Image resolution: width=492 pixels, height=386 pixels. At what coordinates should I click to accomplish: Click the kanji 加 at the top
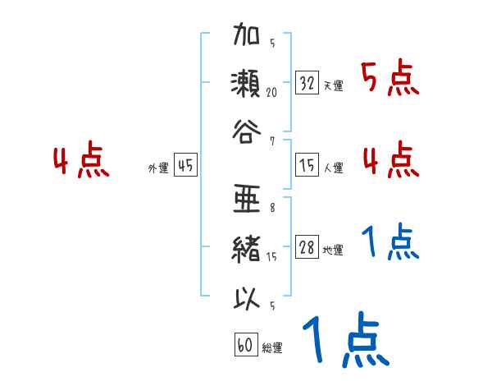tap(247, 39)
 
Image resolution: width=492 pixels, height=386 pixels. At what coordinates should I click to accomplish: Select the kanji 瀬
tap(247, 84)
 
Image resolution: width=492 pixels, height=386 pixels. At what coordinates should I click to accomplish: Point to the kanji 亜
tap(247, 200)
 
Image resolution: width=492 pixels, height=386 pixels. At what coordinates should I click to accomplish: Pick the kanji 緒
tap(247, 248)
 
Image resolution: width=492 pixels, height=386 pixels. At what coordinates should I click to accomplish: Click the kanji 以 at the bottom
tap(247, 298)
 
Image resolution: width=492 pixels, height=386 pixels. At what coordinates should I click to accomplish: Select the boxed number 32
tap(307, 83)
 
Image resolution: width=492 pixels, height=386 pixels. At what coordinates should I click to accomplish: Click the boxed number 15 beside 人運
tap(307, 165)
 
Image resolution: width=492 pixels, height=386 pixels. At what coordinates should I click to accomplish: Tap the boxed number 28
tap(307, 247)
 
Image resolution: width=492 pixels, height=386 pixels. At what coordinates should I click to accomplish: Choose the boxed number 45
tap(185, 166)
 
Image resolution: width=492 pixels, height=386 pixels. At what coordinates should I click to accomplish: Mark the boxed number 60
tap(245, 345)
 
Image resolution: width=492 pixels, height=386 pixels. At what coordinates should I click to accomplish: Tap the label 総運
tap(271, 348)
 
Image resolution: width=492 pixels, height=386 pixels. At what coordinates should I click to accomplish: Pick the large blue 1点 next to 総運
tap(344, 341)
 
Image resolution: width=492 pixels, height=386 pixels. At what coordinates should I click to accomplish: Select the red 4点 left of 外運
tap(81, 161)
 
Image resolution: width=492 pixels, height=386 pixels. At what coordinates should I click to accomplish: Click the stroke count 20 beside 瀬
tap(272, 93)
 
